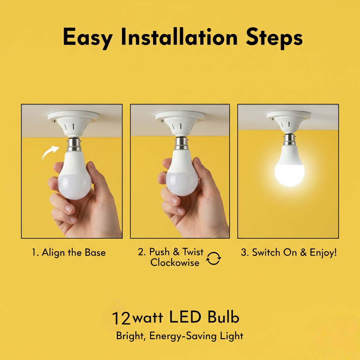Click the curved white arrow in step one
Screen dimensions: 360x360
(50, 153)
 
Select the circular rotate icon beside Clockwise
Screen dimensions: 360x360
(213, 259)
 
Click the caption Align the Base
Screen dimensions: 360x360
(69, 252)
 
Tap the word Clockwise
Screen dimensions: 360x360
(174, 262)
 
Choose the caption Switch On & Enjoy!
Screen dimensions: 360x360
(288, 252)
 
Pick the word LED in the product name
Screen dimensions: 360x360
(185, 317)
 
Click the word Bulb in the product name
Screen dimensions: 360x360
(223, 317)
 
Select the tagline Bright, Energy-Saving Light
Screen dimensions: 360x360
(180, 336)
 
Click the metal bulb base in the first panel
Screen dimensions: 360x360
(73, 144)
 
